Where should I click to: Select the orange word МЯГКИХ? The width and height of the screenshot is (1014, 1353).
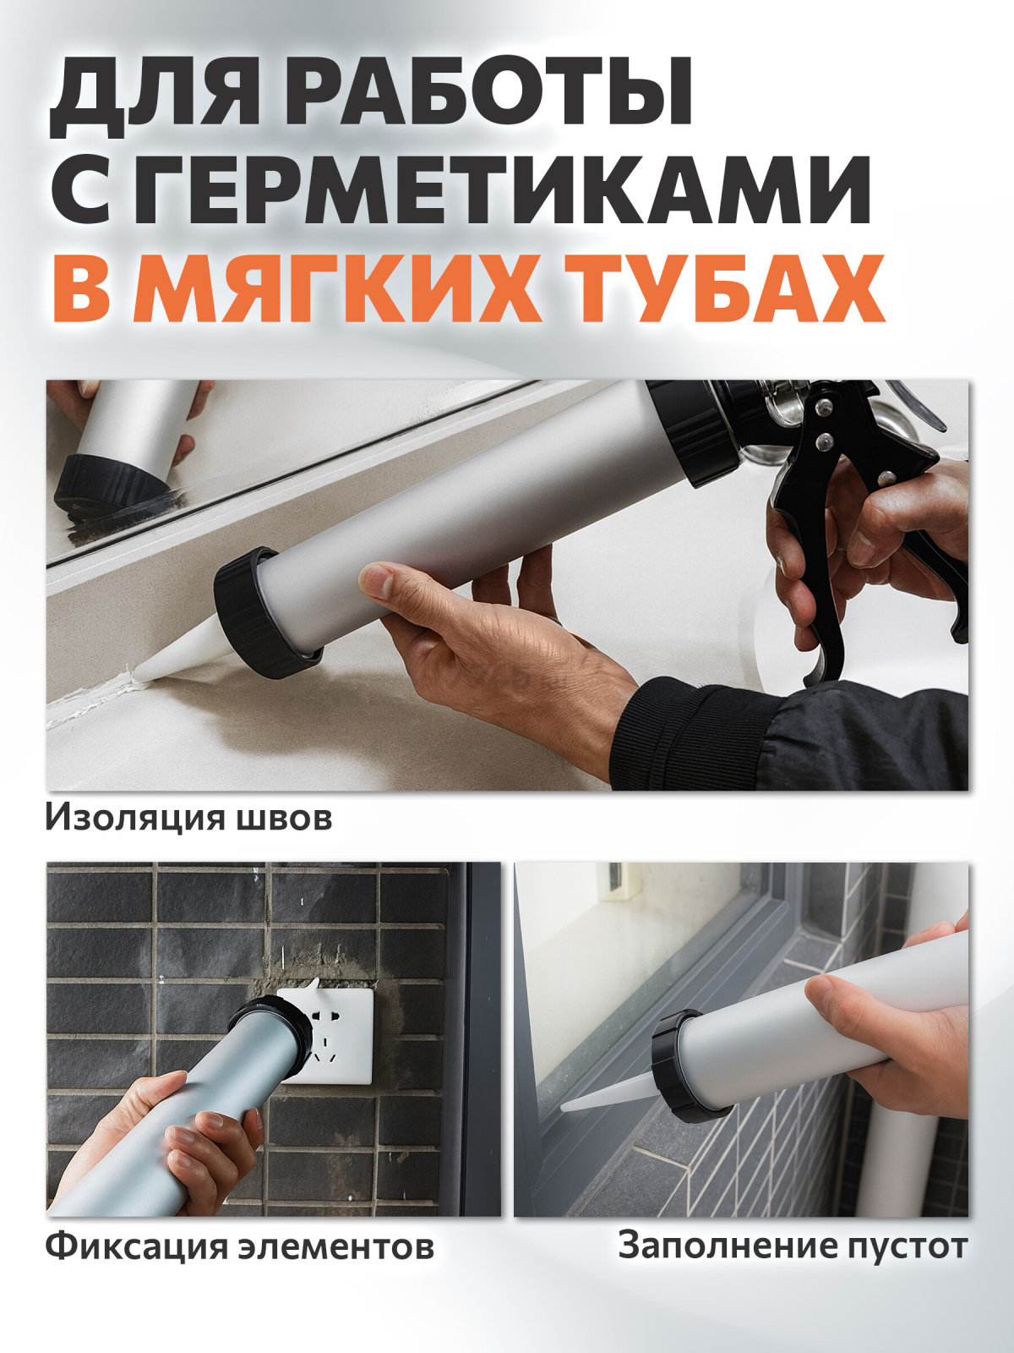(x=338, y=288)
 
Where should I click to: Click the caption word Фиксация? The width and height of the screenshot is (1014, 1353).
(x=135, y=1246)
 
